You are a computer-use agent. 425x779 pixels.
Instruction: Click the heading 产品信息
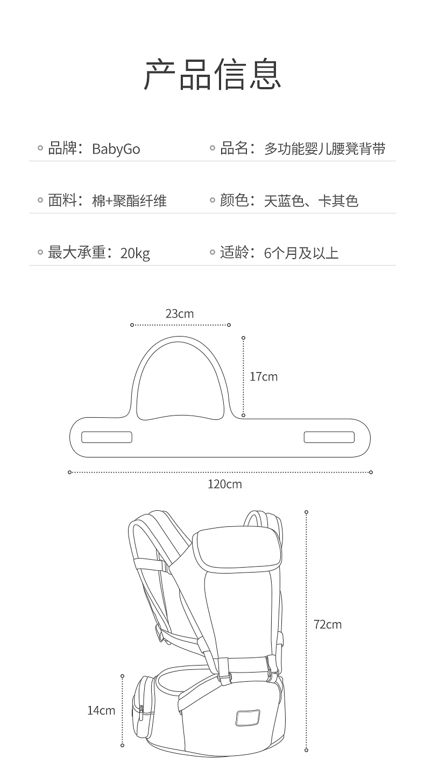tap(212, 75)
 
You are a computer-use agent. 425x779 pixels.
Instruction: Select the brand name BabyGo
tap(116, 149)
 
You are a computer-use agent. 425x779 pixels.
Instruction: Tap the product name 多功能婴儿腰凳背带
tap(324, 149)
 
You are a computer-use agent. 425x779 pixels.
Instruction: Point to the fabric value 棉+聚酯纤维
tap(129, 201)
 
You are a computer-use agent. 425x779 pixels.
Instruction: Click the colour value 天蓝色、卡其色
tap(311, 201)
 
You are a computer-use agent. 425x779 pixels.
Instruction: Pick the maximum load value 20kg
tap(135, 253)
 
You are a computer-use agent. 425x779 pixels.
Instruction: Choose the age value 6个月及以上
tap(301, 253)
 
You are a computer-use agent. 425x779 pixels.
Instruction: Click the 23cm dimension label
tap(180, 313)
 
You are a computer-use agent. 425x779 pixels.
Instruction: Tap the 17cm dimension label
tap(264, 377)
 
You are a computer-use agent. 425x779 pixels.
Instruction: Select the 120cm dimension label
tap(225, 484)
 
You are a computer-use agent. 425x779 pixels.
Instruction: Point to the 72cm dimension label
tap(328, 624)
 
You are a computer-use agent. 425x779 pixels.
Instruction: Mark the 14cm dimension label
tap(101, 711)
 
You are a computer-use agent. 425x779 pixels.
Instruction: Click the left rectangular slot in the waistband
tap(107, 437)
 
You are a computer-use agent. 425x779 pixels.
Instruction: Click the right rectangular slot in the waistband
tap(329, 437)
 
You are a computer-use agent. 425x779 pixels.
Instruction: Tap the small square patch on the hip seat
tap(247, 718)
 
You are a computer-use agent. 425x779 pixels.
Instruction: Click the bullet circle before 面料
tap(40, 201)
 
